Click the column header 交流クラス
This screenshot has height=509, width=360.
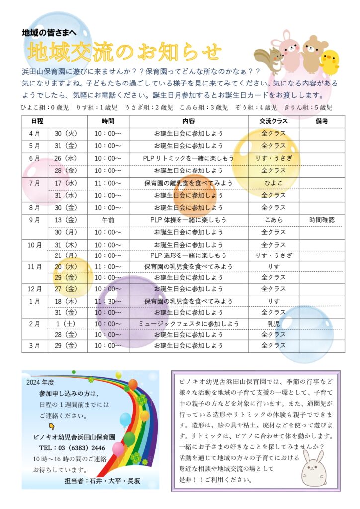click(x=273, y=121)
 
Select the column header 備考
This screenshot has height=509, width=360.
click(x=321, y=121)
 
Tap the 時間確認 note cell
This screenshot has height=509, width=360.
click(x=321, y=219)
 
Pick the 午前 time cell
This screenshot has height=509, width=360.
click(x=108, y=219)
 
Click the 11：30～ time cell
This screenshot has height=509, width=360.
click(x=108, y=301)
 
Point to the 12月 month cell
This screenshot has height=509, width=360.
click(x=35, y=289)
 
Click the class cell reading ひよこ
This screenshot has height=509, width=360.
click(x=273, y=183)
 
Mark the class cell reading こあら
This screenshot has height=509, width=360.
click(x=273, y=219)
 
